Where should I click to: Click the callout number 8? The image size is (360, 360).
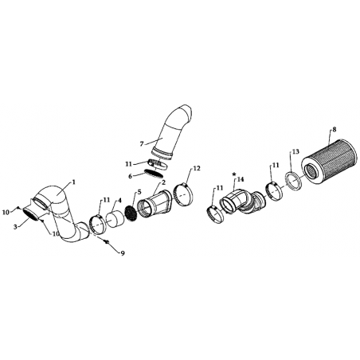(334, 129)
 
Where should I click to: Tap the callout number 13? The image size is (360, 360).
(295, 151)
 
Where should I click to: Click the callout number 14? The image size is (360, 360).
(241, 179)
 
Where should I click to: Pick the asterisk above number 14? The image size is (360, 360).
(234, 174)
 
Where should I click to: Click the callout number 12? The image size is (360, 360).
(197, 168)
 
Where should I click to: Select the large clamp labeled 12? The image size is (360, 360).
(183, 194)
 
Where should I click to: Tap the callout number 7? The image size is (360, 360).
(142, 144)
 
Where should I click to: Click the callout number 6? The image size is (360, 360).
(130, 176)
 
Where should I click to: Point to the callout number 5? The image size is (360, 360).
(139, 192)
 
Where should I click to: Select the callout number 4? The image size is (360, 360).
(119, 201)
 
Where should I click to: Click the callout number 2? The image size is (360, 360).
(163, 182)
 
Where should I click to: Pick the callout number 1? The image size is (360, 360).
(74, 182)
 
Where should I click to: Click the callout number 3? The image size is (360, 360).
(15, 227)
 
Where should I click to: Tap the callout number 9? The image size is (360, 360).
(123, 253)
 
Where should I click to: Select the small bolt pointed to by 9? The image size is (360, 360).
(107, 242)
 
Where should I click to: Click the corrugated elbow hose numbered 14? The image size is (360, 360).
(242, 202)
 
